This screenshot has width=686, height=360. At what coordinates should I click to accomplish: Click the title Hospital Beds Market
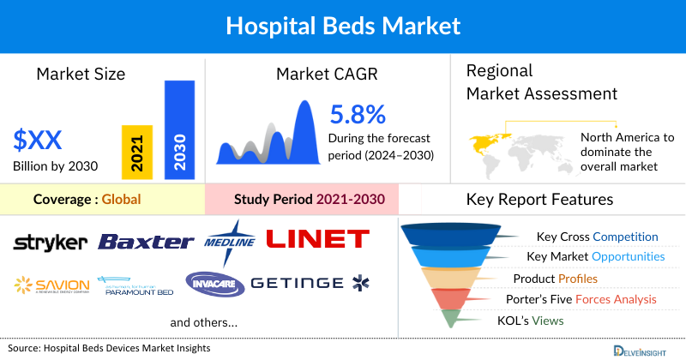(x=343, y=26)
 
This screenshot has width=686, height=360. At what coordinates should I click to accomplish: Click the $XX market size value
(x=38, y=140)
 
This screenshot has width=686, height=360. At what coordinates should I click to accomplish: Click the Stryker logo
(x=50, y=242)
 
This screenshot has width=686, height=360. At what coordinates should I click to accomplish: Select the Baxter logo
(x=146, y=242)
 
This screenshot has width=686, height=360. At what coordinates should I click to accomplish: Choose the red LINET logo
(x=317, y=238)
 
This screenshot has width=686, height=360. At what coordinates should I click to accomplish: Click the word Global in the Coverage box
(x=121, y=200)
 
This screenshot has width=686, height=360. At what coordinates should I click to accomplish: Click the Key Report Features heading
(x=539, y=200)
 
